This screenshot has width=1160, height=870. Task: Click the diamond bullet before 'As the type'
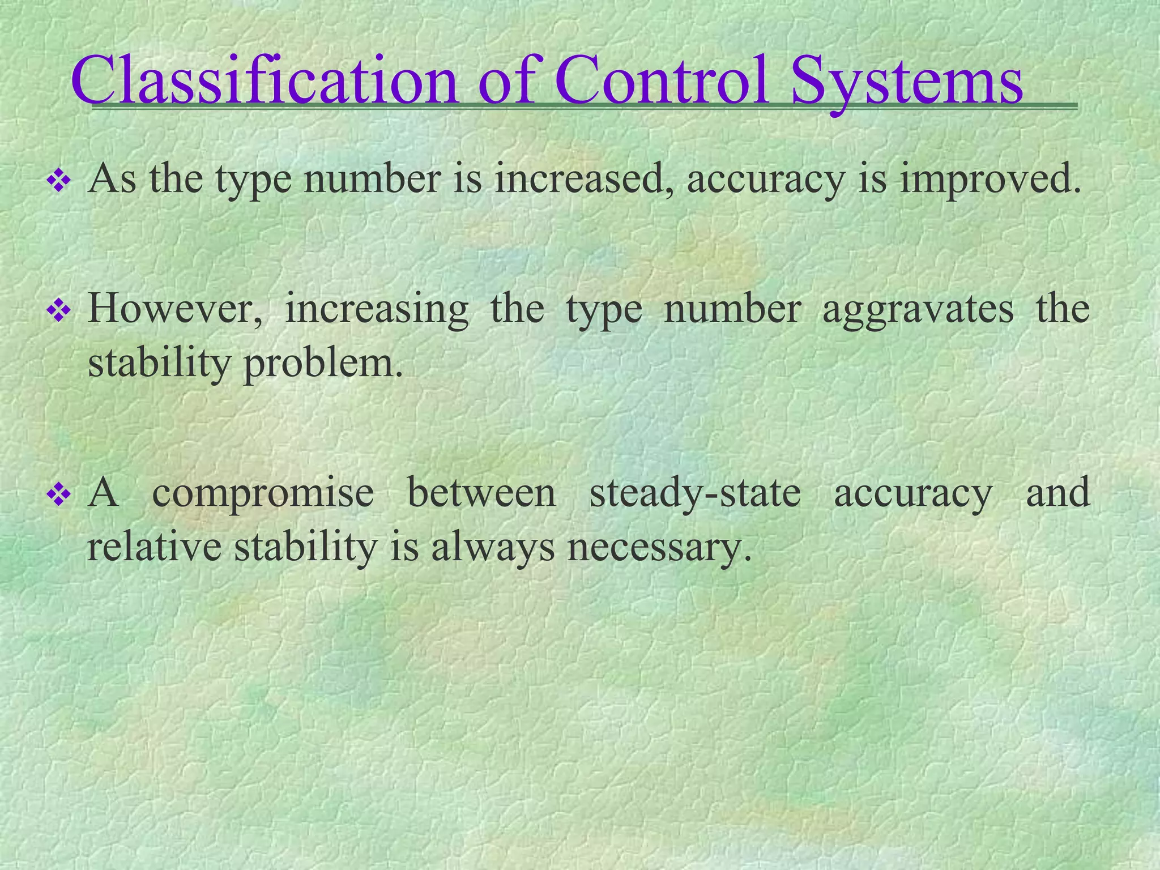[58, 182]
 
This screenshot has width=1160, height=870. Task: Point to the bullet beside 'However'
[58, 310]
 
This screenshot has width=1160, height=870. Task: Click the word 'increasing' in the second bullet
[377, 310]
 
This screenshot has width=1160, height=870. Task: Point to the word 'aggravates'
[918, 310]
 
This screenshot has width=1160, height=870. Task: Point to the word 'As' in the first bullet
[112, 179]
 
